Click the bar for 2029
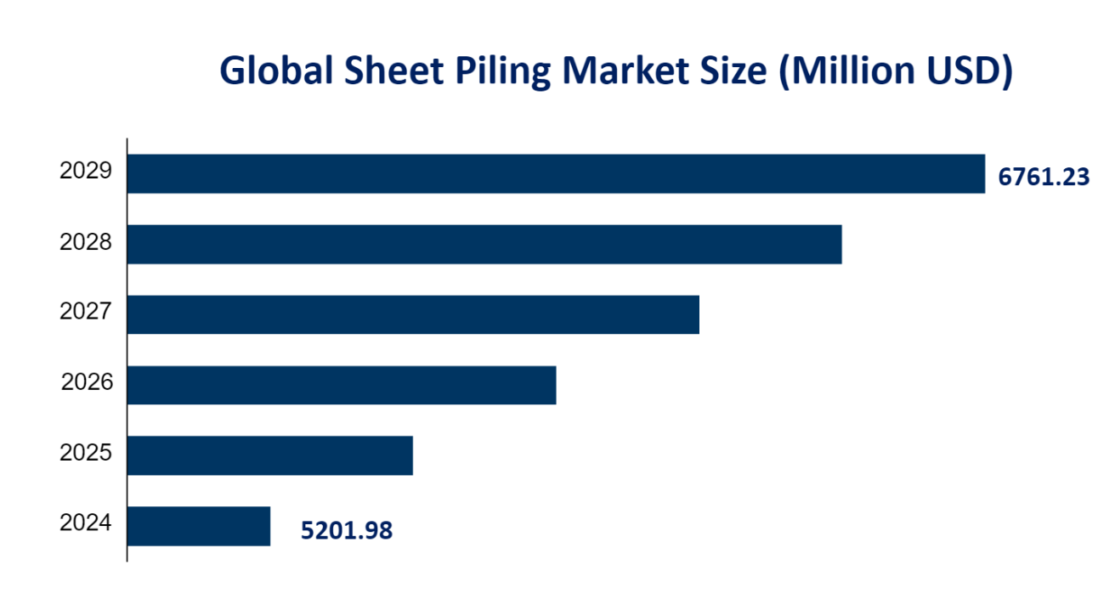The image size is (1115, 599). (x=556, y=173)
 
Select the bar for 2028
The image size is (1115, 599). (x=484, y=244)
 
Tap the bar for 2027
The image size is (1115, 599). (x=413, y=314)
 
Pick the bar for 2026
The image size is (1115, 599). (x=342, y=385)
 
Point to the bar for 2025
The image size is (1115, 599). (x=270, y=455)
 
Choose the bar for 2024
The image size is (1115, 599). (x=199, y=526)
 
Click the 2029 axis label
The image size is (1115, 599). (x=86, y=172)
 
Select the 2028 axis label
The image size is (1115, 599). (x=86, y=242)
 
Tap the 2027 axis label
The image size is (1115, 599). (x=86, y=313)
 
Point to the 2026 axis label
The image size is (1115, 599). (x=87, y=383)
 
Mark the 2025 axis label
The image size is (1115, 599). (x=86, y=453)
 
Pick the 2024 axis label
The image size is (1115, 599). (x=86, y=523)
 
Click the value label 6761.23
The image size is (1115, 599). (x=1044, y=177)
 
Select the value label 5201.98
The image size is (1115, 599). (x=347, y=531)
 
